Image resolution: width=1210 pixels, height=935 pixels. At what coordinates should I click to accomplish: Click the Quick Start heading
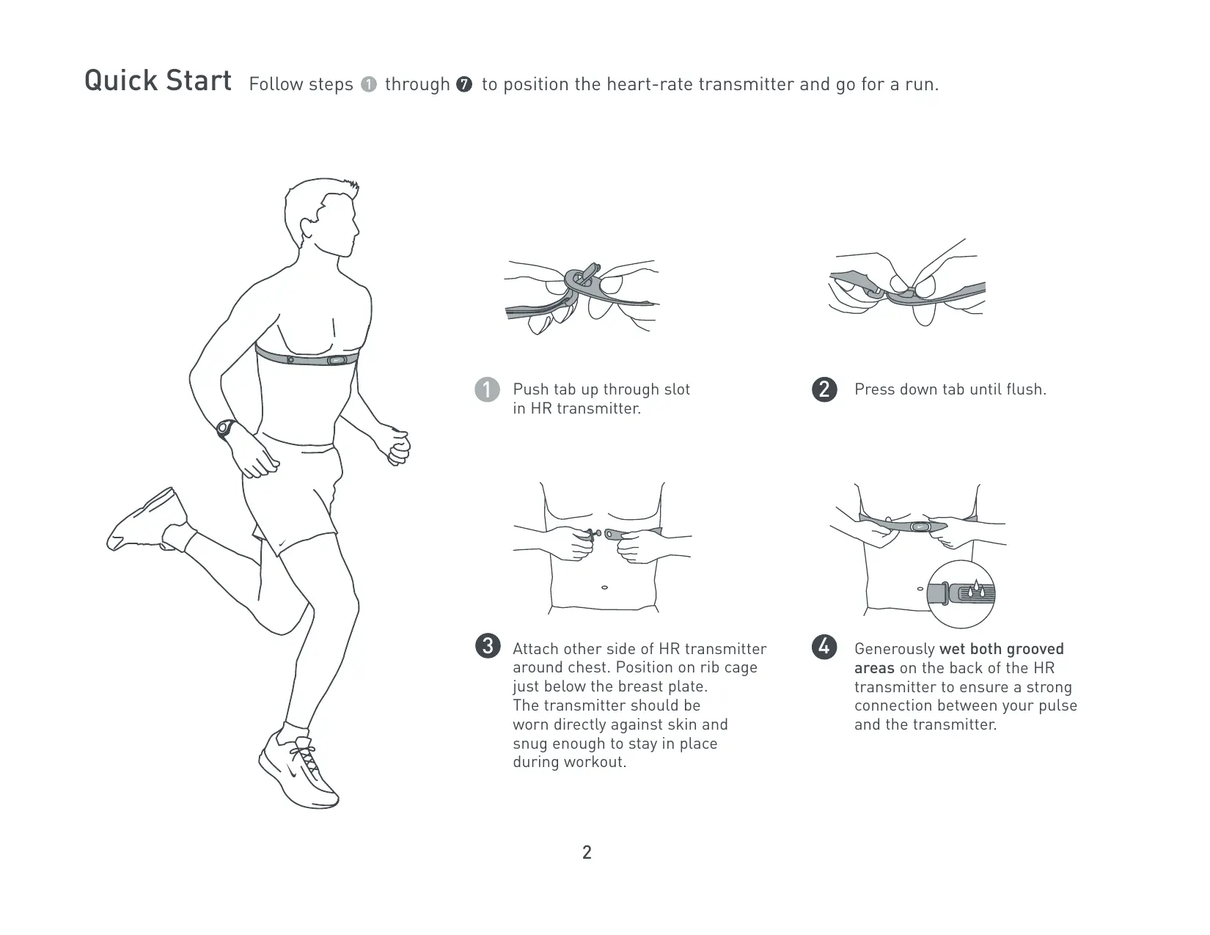158,81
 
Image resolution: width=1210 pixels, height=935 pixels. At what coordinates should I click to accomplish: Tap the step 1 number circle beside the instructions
487,390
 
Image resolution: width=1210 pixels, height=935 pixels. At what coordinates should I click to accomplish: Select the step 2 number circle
824,389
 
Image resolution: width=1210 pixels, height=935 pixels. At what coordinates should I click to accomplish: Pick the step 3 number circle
487,646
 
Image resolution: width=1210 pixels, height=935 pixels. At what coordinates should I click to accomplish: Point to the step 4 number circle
824,647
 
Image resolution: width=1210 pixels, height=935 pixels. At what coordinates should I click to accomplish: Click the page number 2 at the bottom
587,852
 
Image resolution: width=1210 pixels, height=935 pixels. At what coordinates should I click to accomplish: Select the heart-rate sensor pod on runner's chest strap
337,360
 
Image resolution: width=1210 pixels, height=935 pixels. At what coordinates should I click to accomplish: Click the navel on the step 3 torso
604,587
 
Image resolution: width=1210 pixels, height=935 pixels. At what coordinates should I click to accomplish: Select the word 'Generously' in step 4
894,649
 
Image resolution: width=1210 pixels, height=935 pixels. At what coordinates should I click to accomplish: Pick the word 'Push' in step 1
530,389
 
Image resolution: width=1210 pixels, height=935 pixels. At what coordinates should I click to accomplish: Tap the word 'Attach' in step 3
535,649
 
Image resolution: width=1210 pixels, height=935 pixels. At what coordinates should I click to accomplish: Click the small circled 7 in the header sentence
463,84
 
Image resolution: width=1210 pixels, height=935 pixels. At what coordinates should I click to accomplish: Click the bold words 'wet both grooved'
1002,649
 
